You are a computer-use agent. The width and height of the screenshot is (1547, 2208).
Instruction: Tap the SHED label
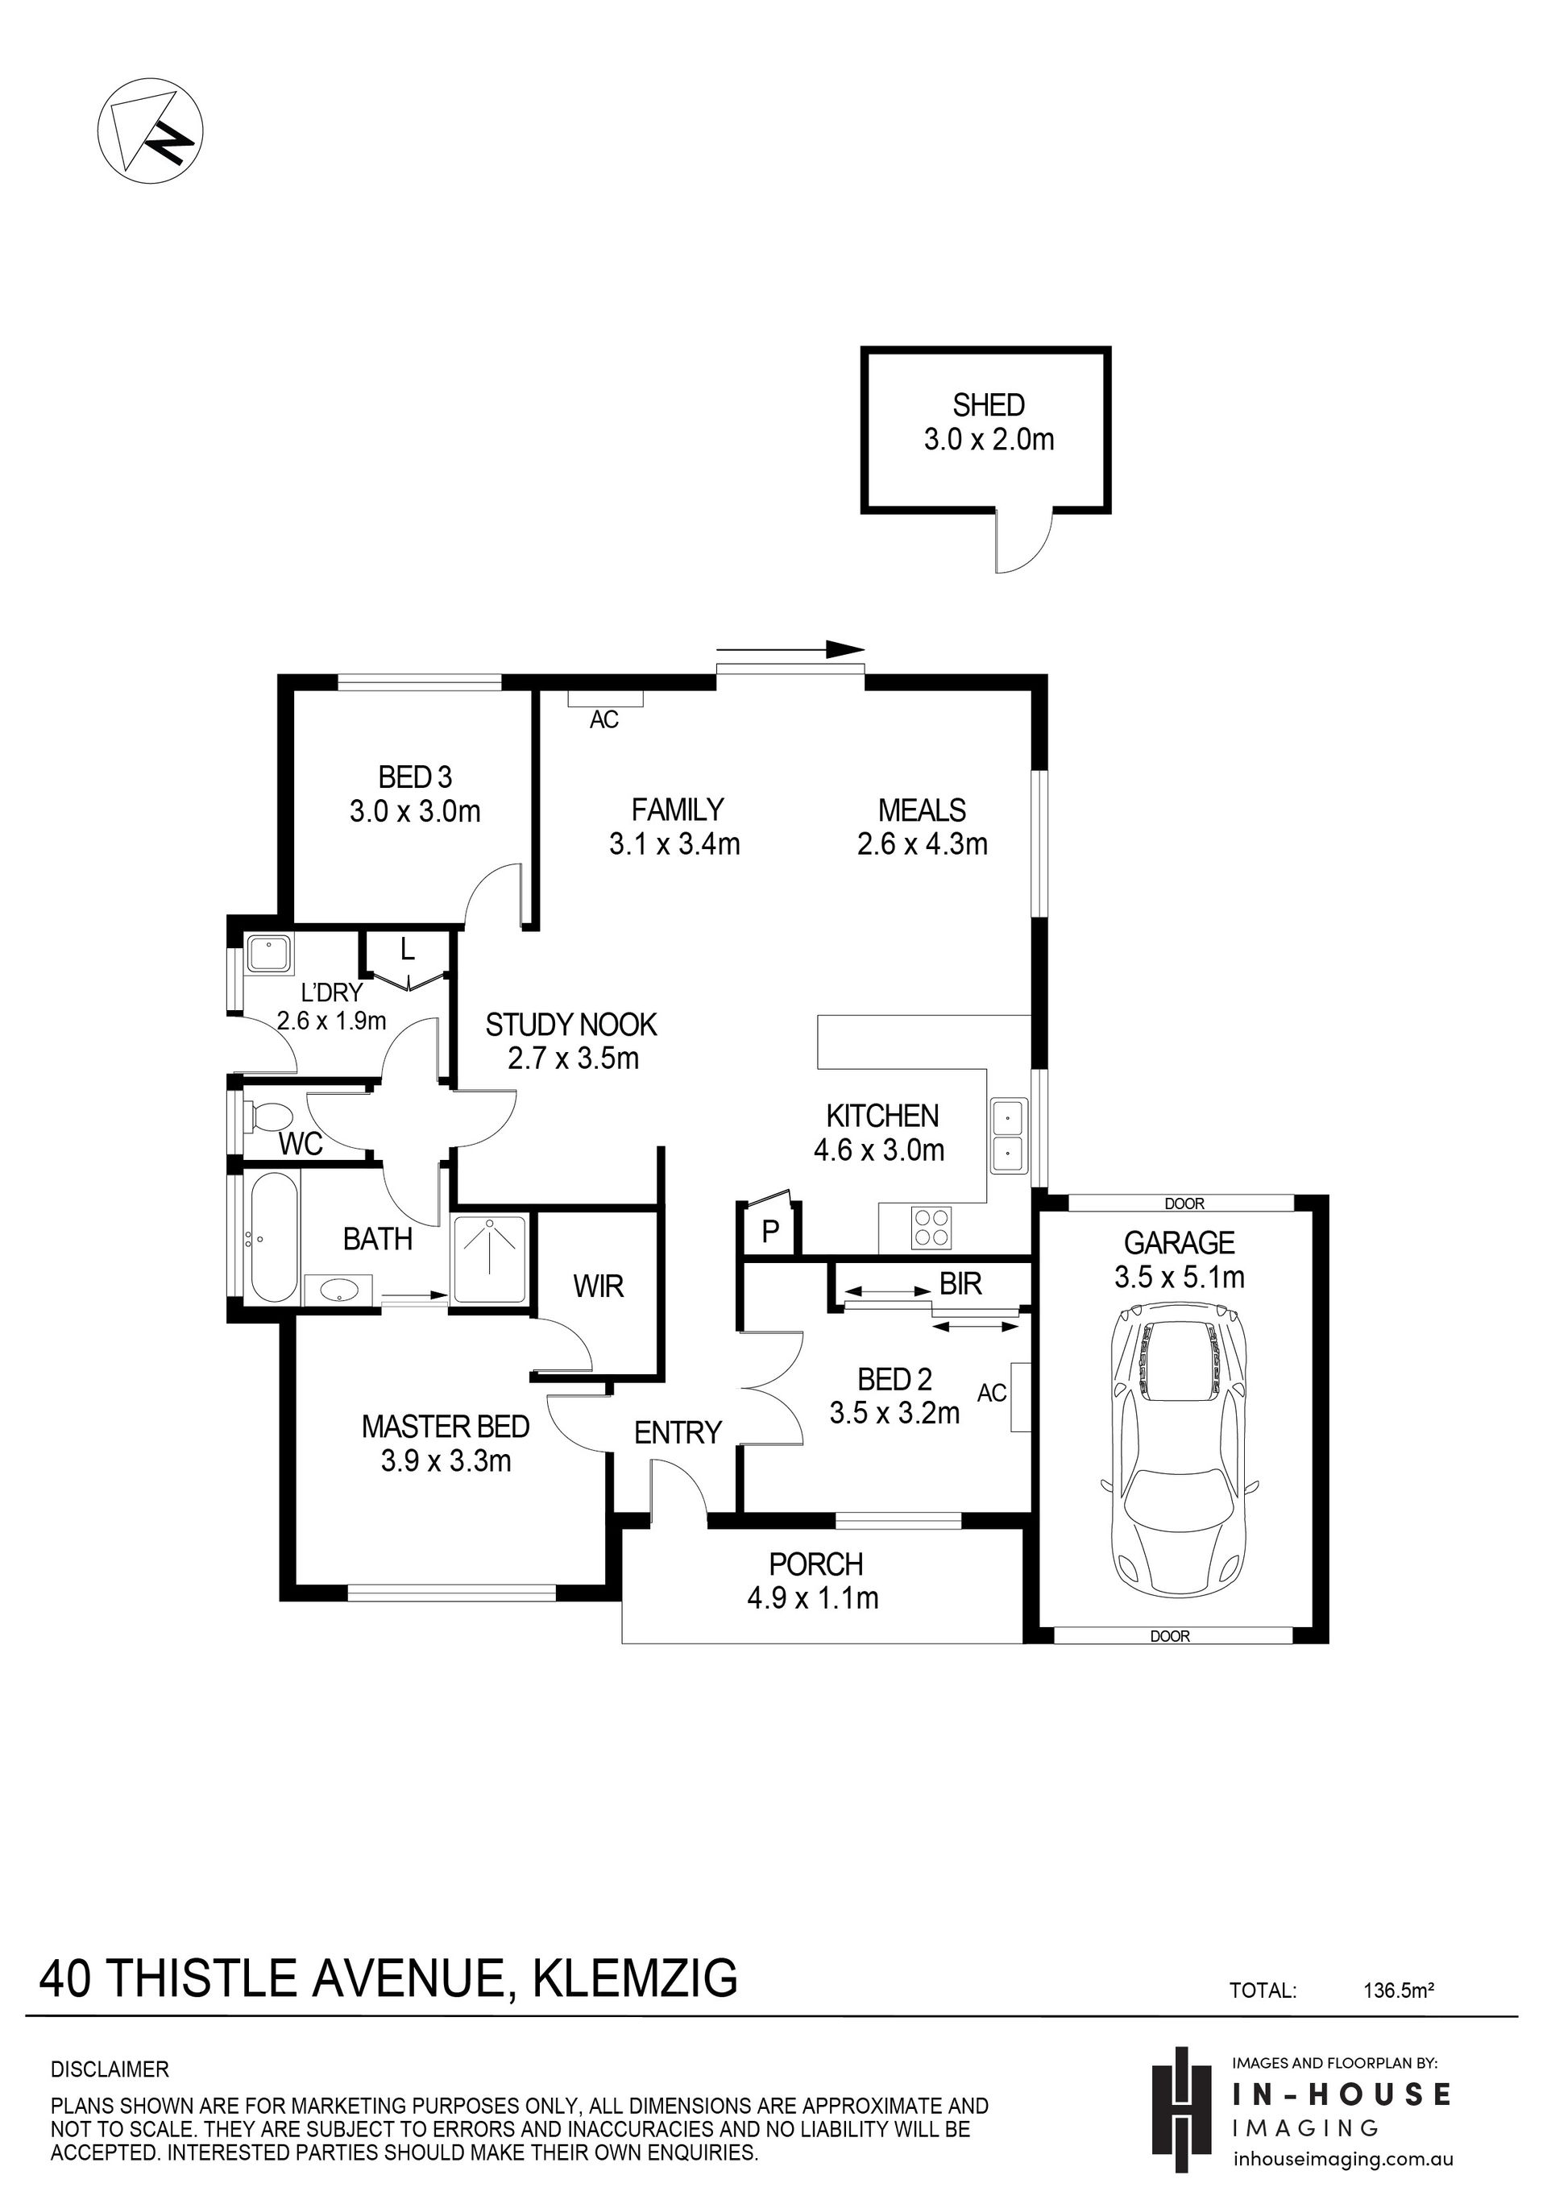(x=989, y=405)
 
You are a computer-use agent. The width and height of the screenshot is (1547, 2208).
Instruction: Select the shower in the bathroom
(x=490, y=1260)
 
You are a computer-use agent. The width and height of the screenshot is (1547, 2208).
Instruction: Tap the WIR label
(x=599, y=1286)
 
